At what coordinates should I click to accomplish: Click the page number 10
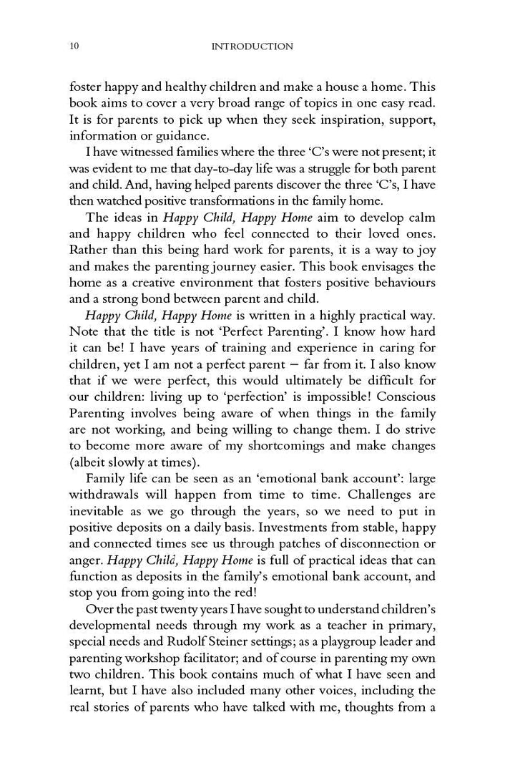tap(74, 47)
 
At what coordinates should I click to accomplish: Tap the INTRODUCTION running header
tap(252, 47)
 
